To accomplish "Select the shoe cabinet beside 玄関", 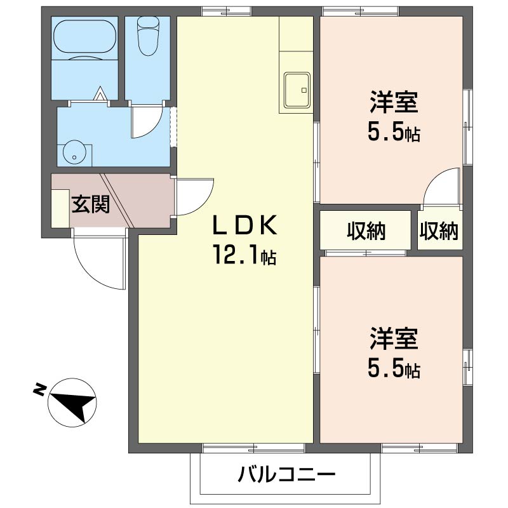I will click(61, 207).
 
